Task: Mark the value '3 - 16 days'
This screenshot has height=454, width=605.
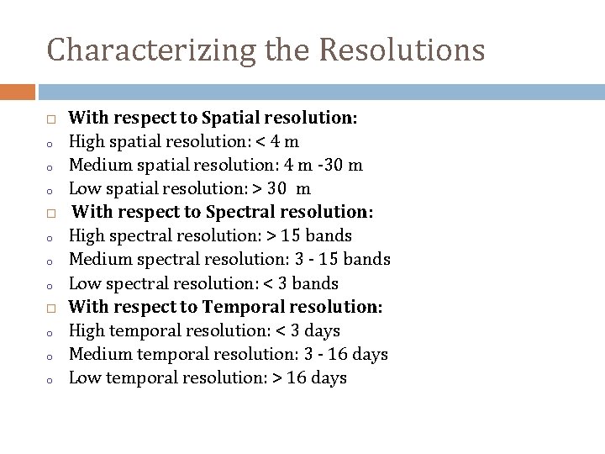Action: pyautogui.click(x=342, y=354)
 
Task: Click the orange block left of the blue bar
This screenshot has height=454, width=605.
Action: pyautogui.click(x=18, y=92)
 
